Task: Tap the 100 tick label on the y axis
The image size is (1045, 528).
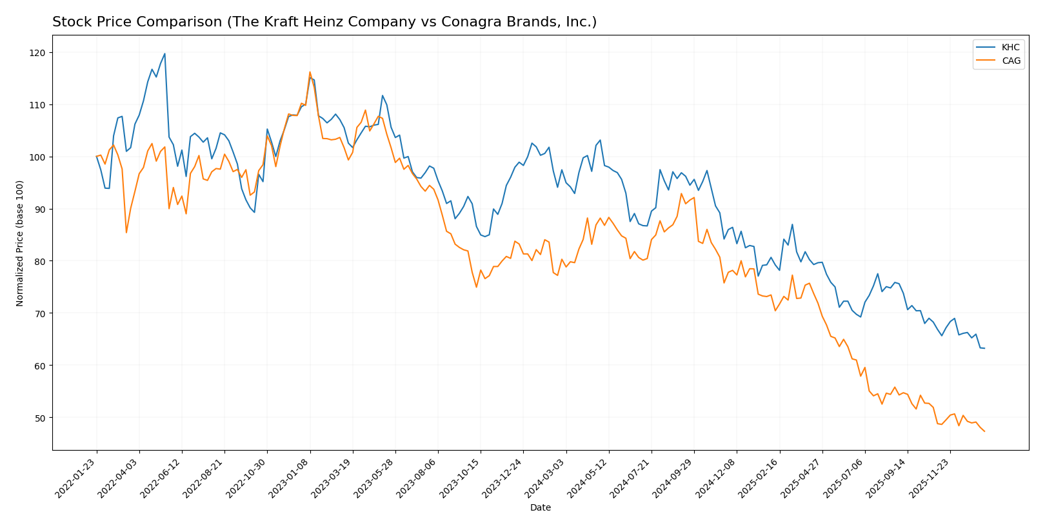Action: pyautogui.click(x=37, y=157)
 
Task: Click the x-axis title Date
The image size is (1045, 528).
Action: pyautogui.click(x=541, y=508)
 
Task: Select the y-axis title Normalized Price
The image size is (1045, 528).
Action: pyautogui.click(x=20, y=243)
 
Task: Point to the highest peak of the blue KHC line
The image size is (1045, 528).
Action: pyautogui.click(x=164, y=54)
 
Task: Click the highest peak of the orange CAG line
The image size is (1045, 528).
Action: pyautogui.click(x=310, y=72)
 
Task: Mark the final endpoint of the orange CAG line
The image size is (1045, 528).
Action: pyautogui.click(x=984, y=431)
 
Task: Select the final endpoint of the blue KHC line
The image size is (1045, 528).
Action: pyautogui.click(x=984, y=348)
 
